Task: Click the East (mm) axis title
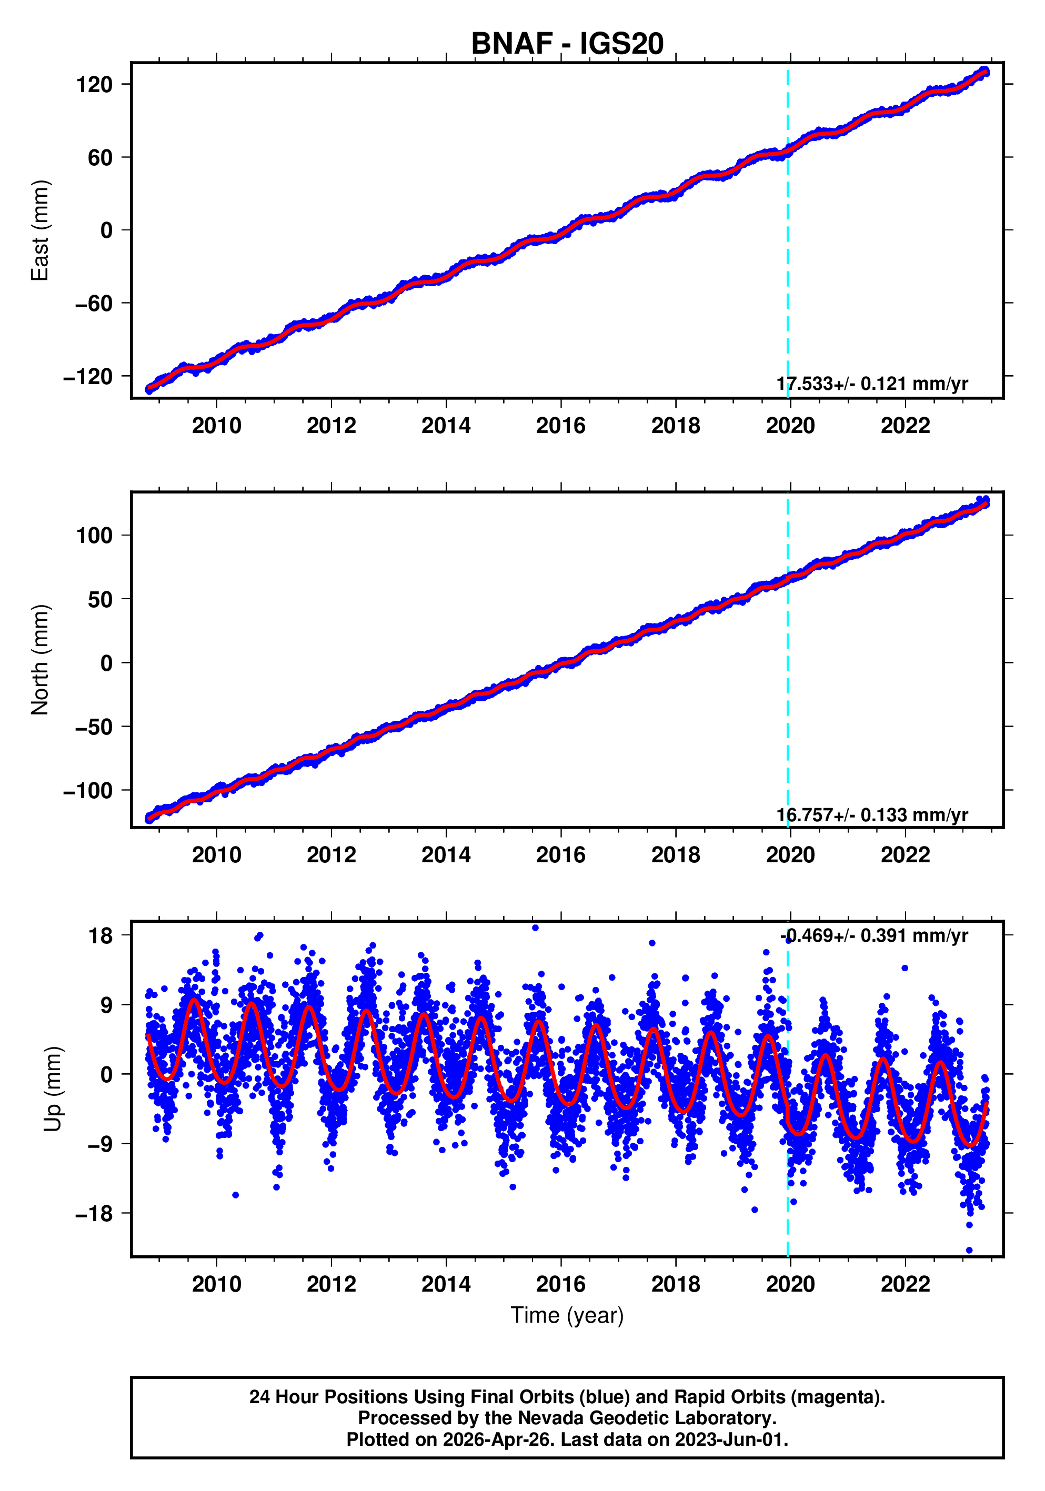click(41, 230)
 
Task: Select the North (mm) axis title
click(41, 660)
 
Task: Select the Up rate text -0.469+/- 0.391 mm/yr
click(873, 936)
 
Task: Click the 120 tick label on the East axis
click(94, 84)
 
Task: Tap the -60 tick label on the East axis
click(93, 303)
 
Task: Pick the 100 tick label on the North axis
click(94, 536)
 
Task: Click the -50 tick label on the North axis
click(93, 727)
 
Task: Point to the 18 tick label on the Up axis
click(101, 936)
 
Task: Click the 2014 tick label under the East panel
click(446, 426)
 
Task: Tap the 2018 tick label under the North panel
click(676, 855)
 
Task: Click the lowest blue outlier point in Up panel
click(969, 1250)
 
